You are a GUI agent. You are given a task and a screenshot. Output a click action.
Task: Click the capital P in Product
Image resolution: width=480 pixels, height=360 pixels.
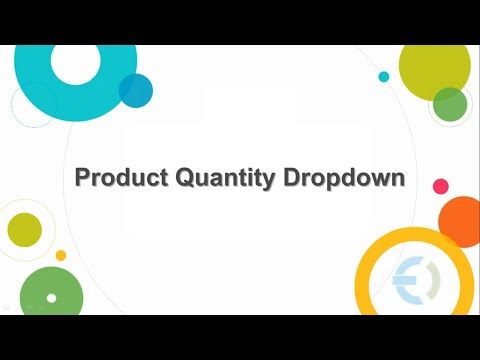(x=84, y=179)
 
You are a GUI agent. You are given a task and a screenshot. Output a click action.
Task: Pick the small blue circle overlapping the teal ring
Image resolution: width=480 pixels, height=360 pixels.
(x=135, y=90)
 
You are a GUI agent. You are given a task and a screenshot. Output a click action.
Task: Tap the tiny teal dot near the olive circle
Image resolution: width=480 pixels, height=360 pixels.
(x=384, y=76)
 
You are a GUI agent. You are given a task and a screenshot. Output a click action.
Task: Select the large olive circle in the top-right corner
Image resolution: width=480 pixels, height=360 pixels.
(x=436, y=66)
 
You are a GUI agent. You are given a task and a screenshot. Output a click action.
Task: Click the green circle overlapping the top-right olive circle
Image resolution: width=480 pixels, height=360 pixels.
(x=450, y=103)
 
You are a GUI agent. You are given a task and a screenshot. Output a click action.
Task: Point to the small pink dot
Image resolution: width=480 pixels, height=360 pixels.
(x=440, y=186)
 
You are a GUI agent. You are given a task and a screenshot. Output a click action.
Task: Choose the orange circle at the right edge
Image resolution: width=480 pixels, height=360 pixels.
(x=462, y=220)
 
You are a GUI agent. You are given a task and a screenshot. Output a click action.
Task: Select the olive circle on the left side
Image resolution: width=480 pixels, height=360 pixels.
(x=24, y=229)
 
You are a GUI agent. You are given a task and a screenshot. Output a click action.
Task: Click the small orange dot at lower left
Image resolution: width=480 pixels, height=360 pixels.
(x=61, y=256)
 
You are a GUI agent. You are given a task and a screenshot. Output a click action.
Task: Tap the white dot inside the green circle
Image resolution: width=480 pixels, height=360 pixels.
(x=51, y=298)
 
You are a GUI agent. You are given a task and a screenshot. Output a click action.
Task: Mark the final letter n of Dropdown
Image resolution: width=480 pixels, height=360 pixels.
(x=397, y=180)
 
